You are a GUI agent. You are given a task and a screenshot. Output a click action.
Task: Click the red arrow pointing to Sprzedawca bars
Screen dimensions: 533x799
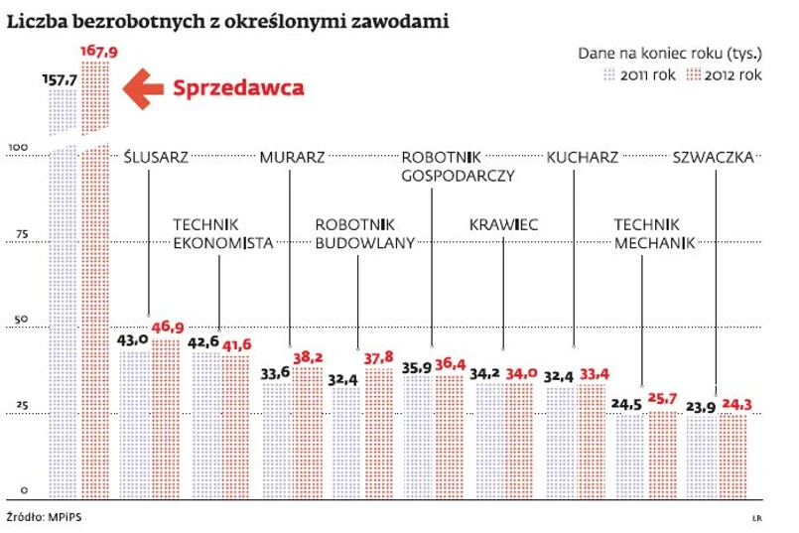(141, 87)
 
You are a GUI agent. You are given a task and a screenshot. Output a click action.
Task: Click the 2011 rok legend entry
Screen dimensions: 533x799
(637, 75)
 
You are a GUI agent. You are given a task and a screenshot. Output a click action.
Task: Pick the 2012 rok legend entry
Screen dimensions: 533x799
(726, 75)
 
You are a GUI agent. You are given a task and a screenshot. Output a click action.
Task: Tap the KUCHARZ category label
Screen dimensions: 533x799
(582, 157)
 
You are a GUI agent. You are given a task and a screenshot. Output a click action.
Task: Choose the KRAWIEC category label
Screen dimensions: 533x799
(503, 225)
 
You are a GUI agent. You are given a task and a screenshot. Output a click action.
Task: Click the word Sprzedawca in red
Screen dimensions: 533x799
(238, 87)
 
